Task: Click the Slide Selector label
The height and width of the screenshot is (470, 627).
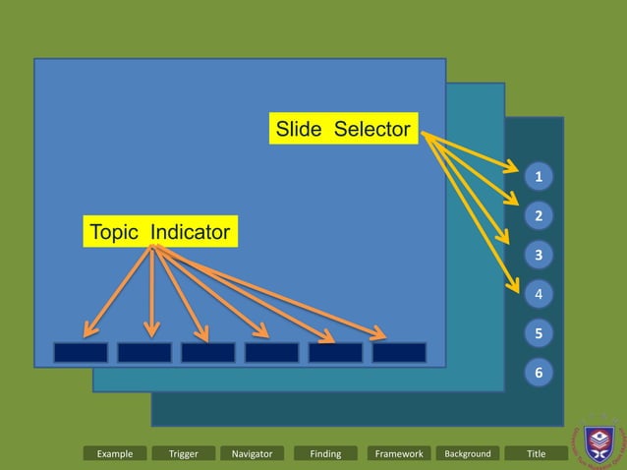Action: (x=342, y=129)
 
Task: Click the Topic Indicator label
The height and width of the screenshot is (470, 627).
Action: (x=159, y=233)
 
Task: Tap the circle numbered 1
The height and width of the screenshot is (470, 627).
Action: (x=539, y=177)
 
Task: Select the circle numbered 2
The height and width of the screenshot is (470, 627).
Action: (x=539, y=215)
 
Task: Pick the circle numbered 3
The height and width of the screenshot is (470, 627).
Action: (x=539, y=256)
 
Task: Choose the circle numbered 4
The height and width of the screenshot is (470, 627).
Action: (x=539, y=294)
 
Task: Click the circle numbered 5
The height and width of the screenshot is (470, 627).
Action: (x=539, y=334)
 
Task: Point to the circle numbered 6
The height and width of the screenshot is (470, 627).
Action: (x=539, y=374)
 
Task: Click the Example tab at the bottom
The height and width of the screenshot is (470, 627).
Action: (x=115, y=453)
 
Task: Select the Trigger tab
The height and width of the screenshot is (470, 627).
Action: (x=184, y=453)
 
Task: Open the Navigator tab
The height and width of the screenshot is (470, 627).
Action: (x=253, y=453)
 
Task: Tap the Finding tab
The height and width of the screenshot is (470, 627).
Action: (x=325, y=453)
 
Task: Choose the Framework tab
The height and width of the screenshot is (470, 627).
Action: (x=399, y=453)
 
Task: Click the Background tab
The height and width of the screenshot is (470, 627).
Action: (x=468, y=453)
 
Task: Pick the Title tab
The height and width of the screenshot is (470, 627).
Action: (x=536, y=453)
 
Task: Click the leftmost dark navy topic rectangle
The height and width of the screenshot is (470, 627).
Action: (x=81, y=352)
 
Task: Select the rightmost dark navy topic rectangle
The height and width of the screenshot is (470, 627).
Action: (x=399, y=352)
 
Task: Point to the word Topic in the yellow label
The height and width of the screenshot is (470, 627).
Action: (x=116, y=233)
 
